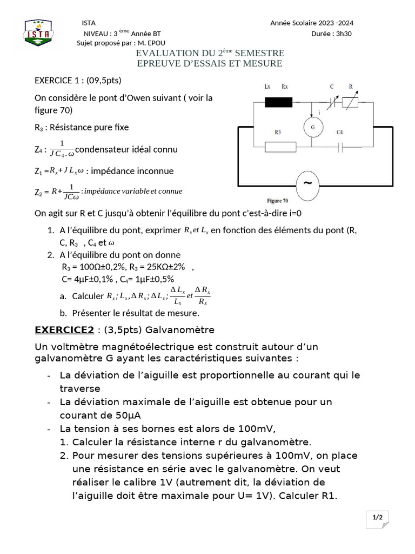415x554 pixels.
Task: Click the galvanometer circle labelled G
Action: tap(312, 127)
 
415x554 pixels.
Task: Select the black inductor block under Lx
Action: tap(278, 101)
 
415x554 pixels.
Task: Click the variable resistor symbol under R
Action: tap(351, 101)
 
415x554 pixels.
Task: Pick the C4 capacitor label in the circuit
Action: tap(339, 132)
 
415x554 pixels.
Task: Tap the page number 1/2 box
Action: tap(377, 518)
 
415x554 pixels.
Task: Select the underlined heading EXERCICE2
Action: tap(64, 330)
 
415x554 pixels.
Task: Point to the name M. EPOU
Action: tap(152, 43)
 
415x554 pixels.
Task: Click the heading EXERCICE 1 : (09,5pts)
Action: tap(78, 80)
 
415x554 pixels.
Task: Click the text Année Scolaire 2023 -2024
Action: tap(312, 23)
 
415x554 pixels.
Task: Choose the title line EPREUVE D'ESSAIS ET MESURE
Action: tap(210, 63)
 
